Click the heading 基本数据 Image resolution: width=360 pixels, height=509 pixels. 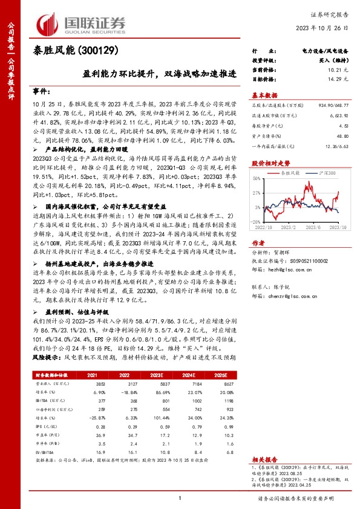coord(265,95)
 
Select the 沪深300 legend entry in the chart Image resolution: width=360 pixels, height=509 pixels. coord(324,173)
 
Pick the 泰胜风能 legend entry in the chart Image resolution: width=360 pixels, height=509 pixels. coord(292,173)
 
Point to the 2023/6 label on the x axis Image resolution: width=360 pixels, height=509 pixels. coord(318,227)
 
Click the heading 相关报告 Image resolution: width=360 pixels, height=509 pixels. coord(265,460)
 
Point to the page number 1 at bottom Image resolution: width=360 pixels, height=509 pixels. coord(180,498)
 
